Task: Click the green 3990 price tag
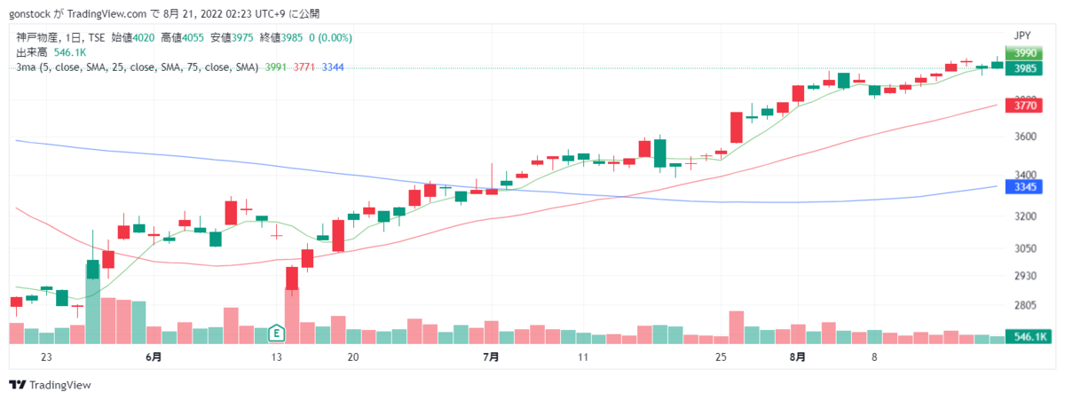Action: click(x=1023, y=52)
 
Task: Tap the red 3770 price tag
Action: click(x=1023, y=105)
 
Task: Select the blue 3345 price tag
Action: click(x=1023, y=187)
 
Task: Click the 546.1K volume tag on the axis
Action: click(x=1029, y=337)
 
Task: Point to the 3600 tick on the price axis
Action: click(x=1026, y=137)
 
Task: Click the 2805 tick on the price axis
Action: click(x=1026, y=305)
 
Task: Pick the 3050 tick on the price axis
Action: click(x=1026, y=248)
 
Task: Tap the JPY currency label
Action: click(x=1022, y=35)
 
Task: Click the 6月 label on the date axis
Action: click(x=154, y=357)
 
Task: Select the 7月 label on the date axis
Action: click(x=491, y=357)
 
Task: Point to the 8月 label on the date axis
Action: click(x=797, y=357)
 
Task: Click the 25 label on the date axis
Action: click(x=721, y=357)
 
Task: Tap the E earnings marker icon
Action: click(x=276, y=333)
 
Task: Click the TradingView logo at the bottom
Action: click(x=50, y=385)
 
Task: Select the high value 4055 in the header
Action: click(x=193, y=38)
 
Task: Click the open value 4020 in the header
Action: click(x=143, y=38)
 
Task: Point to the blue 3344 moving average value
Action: click(x=333, y=67)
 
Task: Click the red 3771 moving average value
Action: click(x=304, y=67)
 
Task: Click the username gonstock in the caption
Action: click(x=29, y=14)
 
